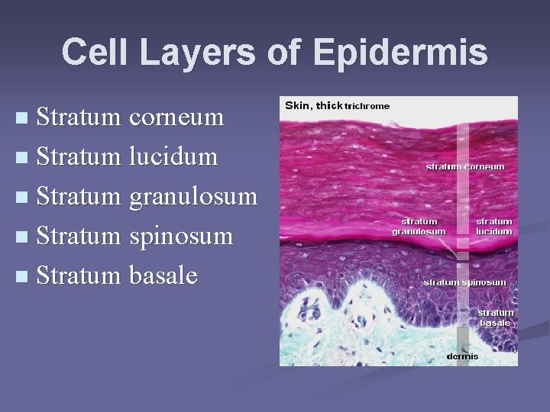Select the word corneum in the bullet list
176,117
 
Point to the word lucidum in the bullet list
173,157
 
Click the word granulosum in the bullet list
193,197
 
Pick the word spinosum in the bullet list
181,237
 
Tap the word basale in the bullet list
163,276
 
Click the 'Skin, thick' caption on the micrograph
313,105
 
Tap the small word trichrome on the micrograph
367,106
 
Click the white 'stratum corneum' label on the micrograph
465,166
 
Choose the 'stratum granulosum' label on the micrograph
419,227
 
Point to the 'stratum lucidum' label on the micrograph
494,227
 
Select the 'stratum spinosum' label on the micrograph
464,282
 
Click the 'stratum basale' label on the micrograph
495,317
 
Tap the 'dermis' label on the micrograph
463,356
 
